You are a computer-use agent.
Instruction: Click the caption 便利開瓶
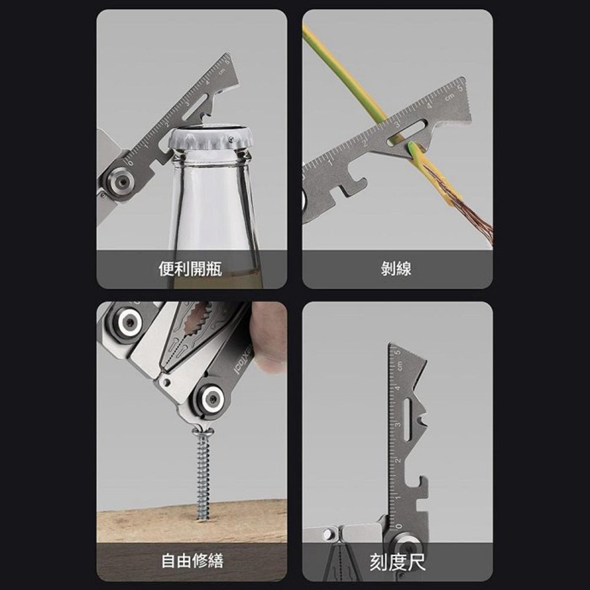coord(190,270)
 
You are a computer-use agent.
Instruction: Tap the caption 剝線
coord(396,270)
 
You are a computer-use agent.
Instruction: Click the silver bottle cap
coord(211,137)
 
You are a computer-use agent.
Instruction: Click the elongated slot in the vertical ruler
coord(407,419)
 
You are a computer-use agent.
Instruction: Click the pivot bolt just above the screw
coord(211,401)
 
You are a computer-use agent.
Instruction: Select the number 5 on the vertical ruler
coord(398,353)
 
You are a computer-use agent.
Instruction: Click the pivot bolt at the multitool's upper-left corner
coord(127,323)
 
